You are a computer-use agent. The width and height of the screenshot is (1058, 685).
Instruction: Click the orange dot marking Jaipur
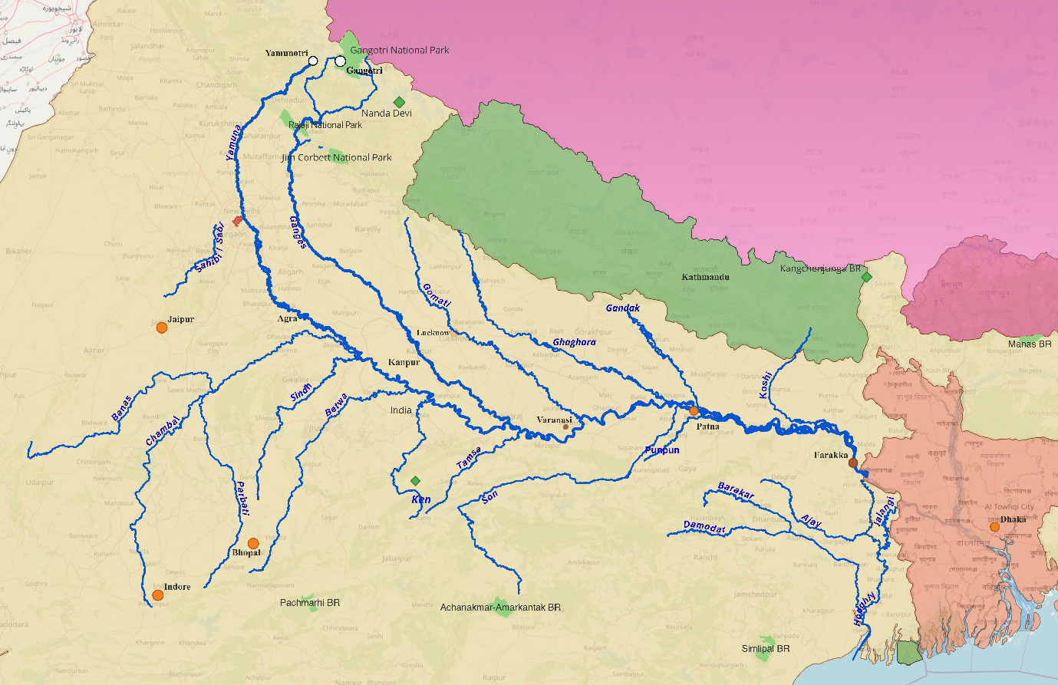pos(162,328)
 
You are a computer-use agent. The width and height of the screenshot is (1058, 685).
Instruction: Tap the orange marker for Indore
pos(158,595)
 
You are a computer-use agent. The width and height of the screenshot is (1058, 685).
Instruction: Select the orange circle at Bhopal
pos(253,543)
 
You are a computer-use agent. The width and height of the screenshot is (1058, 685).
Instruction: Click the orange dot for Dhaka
pos(994,527)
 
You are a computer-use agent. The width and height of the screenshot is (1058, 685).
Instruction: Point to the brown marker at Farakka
pos(853,463)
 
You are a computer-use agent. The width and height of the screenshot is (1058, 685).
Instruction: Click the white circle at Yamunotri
pos(313,61)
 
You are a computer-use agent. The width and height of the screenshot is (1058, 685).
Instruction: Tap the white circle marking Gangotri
pos(340,61)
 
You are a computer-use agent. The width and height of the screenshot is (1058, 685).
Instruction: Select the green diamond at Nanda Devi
pos(399,102)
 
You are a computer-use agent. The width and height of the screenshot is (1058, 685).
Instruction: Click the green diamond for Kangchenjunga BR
pos(866,277)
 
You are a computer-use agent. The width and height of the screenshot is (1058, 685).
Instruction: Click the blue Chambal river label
pos(163,431)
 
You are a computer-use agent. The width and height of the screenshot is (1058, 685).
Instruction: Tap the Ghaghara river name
pos(574,342)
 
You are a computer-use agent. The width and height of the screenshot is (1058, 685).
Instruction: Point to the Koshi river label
pos(766,384)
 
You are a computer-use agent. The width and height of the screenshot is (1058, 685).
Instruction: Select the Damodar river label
pos(704,527)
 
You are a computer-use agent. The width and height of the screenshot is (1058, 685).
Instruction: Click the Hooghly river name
pos(865,610)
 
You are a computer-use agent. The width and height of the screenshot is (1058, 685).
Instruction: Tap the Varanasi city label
pos(554,420)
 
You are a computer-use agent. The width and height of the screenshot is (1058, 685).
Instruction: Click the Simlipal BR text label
pos(766,649)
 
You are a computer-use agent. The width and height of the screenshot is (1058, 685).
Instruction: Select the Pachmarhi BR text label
pos(310,603)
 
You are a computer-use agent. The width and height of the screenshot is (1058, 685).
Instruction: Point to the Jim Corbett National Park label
pos(337,157)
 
